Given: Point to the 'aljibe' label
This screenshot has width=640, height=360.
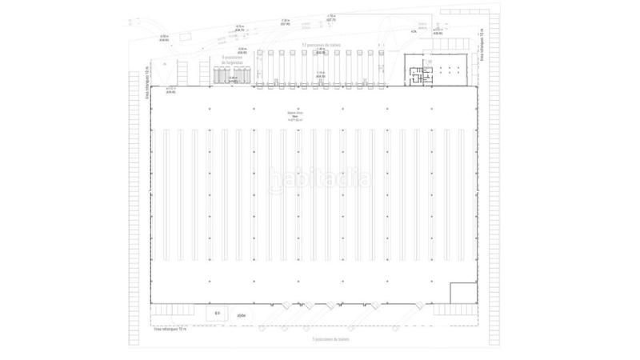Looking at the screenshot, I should (x=241, y=315).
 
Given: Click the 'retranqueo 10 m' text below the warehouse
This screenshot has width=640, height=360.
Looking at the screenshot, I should (x=169, y=329).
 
